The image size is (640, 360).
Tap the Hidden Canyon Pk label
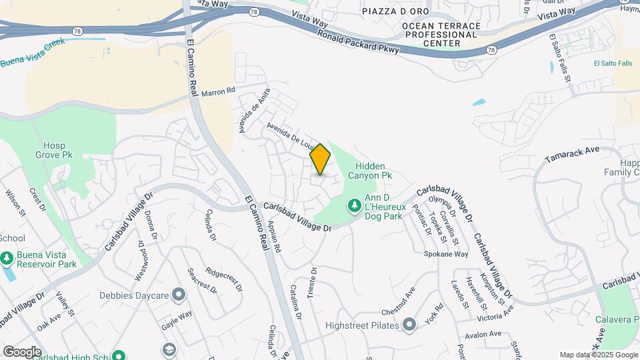click(x=369, y=170)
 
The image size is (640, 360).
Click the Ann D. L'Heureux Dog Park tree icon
click(x=354, y=205)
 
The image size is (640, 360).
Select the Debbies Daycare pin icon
click(x=179, y=294)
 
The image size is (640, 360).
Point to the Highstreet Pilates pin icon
click(x=409, y=325)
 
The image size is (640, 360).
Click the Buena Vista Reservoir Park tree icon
click(x=7, y=257)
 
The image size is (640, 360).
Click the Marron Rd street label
click(x=219, y=91)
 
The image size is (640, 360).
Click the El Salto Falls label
click(x=612, y=63)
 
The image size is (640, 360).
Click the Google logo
click(x=22, y=351)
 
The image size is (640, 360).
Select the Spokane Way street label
click(x=446, y=254)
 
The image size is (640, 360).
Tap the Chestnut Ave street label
click(x=398, y=301)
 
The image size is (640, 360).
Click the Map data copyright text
click(x=599, y=355)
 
